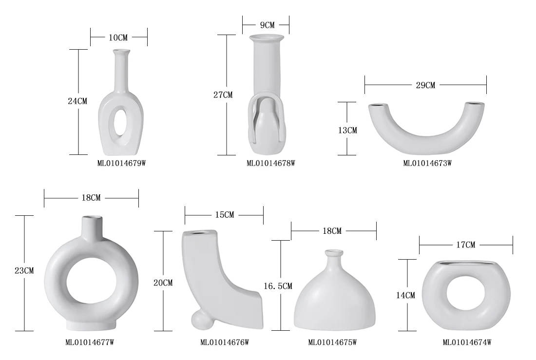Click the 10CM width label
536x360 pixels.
[118, 38]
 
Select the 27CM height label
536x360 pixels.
[223, 95]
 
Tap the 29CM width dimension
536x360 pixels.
[425, 85]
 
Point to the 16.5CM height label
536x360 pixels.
[278, 286]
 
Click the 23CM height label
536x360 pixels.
[24, 271]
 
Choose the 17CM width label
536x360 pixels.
[466, 245]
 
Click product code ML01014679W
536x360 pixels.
[122, 163]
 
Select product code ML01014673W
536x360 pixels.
[427, 163]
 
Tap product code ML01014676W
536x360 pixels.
[225, 342]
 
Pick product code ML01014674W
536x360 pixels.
[467, 342]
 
